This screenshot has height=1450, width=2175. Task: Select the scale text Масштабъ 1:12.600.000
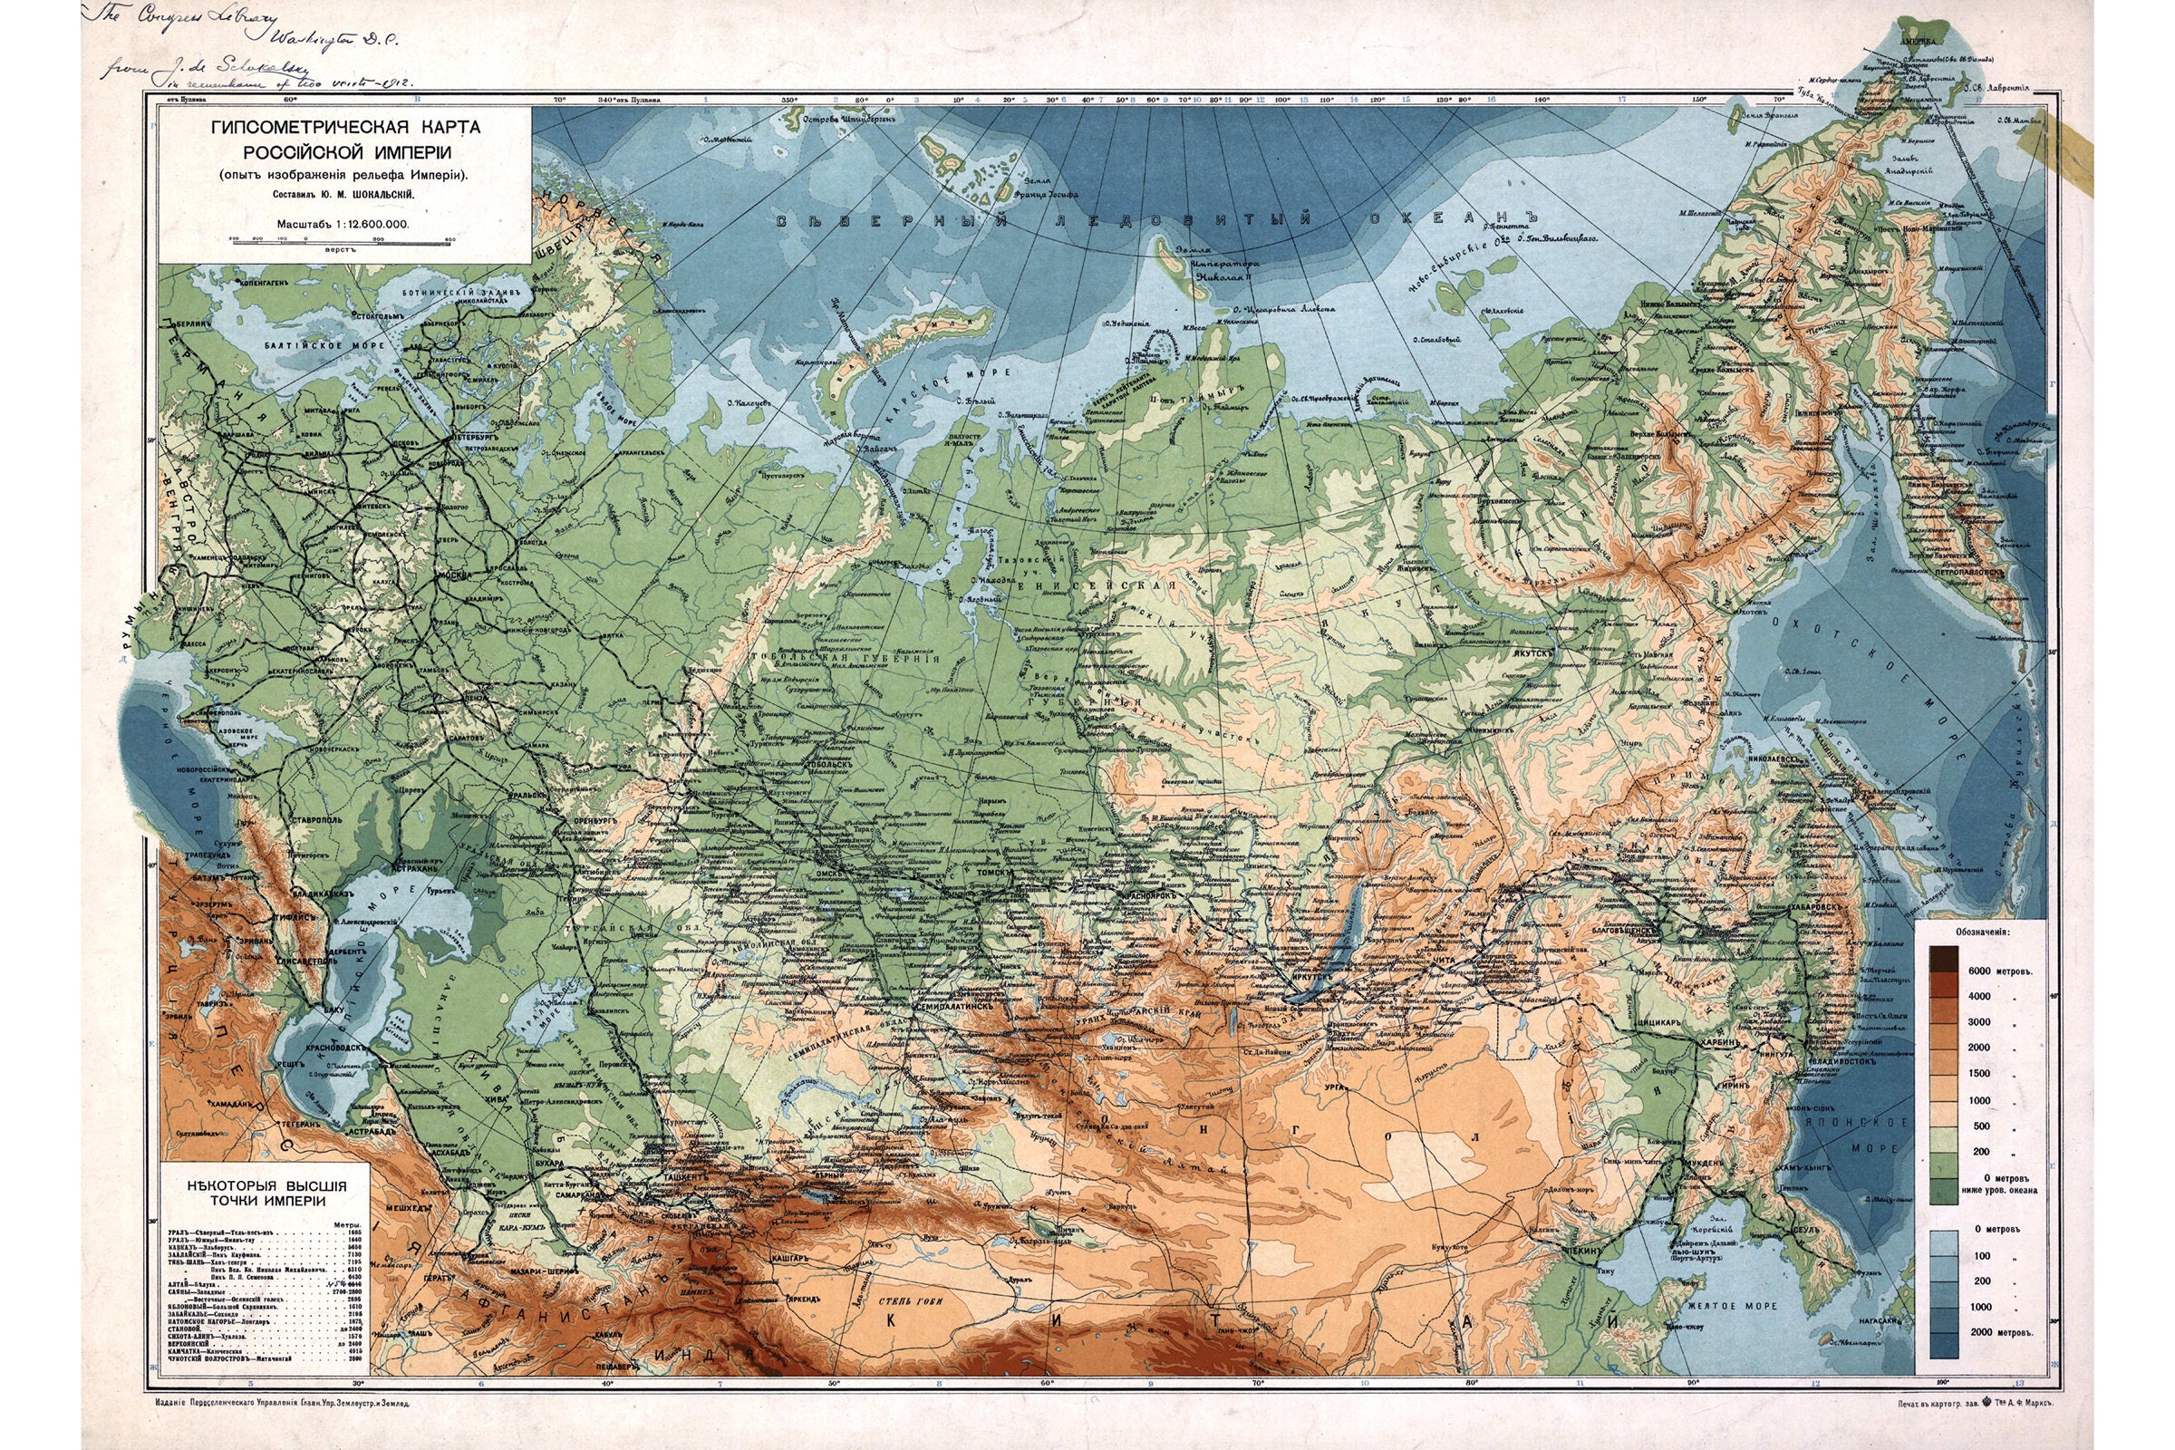pos(343,224)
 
